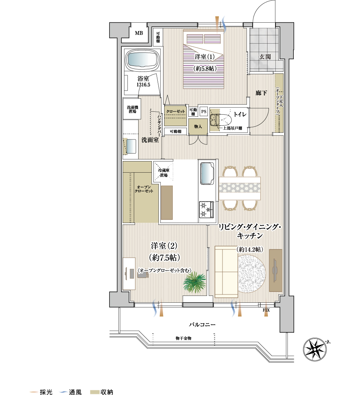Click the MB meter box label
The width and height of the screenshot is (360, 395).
coord(139,33)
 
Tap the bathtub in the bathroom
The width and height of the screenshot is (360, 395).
coord(143,60)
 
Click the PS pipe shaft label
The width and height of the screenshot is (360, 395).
coord(204,112)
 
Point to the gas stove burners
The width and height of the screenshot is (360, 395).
coord(206,210)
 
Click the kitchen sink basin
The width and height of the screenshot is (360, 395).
coord(207,174)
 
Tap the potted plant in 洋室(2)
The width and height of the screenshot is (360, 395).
coord(194,282)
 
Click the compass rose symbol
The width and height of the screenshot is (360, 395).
coord(315,349)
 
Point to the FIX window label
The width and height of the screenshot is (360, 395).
coord(266,310)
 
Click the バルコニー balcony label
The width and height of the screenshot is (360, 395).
coord(202,324)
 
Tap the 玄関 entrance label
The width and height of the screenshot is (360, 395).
coord(265,57)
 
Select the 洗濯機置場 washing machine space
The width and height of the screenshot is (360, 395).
coord(132,109)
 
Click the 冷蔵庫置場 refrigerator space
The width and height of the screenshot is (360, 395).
coord(163,173)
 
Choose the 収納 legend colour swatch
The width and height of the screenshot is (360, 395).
coord(95,392)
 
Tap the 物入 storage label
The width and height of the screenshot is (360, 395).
coord(198,127)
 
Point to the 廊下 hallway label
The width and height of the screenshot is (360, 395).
coord(261,93)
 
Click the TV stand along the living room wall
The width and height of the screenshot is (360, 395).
coord(275,270)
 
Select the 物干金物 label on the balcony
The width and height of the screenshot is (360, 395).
coord(183,338)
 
